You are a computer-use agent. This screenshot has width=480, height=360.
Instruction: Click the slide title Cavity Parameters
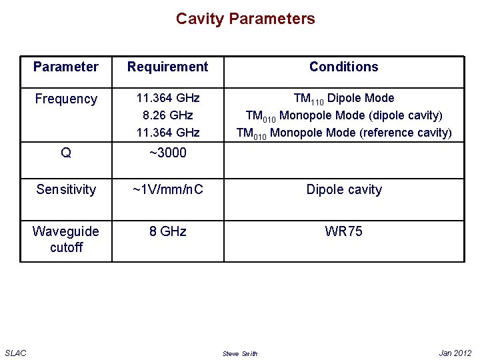[245, 19]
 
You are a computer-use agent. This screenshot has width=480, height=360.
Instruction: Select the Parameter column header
[66, 67]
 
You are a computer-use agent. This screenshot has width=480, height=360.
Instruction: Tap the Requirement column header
[167, 67]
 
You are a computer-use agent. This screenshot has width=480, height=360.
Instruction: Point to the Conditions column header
[343, 67]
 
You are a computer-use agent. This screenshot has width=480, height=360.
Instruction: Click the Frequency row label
[66, 99]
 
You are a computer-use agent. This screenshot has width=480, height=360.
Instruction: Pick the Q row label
[66, 153]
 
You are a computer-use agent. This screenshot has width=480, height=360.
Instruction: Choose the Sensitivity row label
[66, 189]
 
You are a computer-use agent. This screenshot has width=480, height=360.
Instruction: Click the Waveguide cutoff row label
[66, 239]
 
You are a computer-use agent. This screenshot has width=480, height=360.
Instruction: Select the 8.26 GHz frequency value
[167, 115]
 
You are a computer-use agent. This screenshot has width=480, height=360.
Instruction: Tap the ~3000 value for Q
[167, 153]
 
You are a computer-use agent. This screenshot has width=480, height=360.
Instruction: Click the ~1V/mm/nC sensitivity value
[167, 189]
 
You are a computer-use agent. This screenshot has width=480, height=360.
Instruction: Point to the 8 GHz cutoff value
[167, 231]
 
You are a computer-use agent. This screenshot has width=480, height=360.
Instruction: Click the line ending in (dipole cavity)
[343, 116]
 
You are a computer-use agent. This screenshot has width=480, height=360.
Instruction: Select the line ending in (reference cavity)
[343, 133]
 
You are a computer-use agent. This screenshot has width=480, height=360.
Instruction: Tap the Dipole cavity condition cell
[343, 189]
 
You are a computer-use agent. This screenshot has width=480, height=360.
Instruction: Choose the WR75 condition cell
[343, 231]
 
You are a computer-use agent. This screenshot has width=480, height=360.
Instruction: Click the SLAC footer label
[15, 353]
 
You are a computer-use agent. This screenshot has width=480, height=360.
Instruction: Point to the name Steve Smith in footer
[239, 353]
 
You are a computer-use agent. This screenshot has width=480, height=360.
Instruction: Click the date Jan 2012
[455, 353]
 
